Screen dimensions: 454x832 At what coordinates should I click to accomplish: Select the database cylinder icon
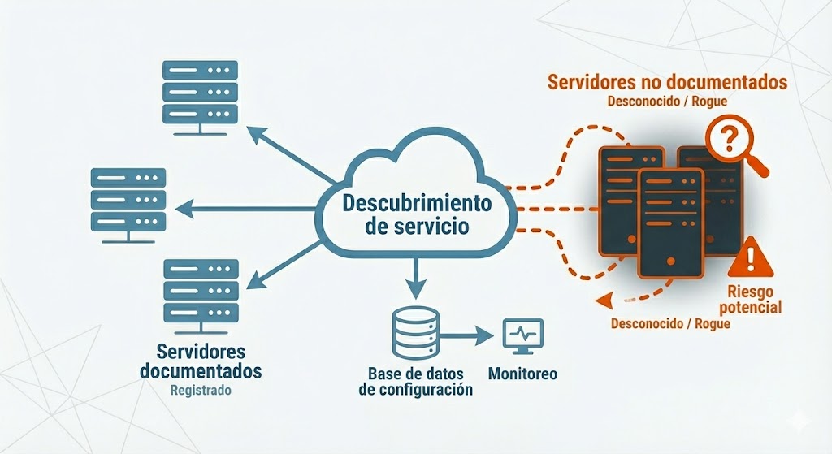[x=415, y=333]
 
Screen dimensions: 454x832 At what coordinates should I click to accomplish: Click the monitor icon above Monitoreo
[x=522, y=335]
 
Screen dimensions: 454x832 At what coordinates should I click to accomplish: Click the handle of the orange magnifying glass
[x=760, y=167]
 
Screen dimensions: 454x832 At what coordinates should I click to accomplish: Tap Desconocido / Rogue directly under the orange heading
[x=667, y=102]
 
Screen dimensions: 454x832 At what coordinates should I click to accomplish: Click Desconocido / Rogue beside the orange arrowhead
[x=670, y=322]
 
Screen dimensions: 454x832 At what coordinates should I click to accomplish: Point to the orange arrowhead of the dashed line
[x=601, y=302]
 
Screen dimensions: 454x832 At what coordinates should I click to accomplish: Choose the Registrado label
[x=201, y=390]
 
